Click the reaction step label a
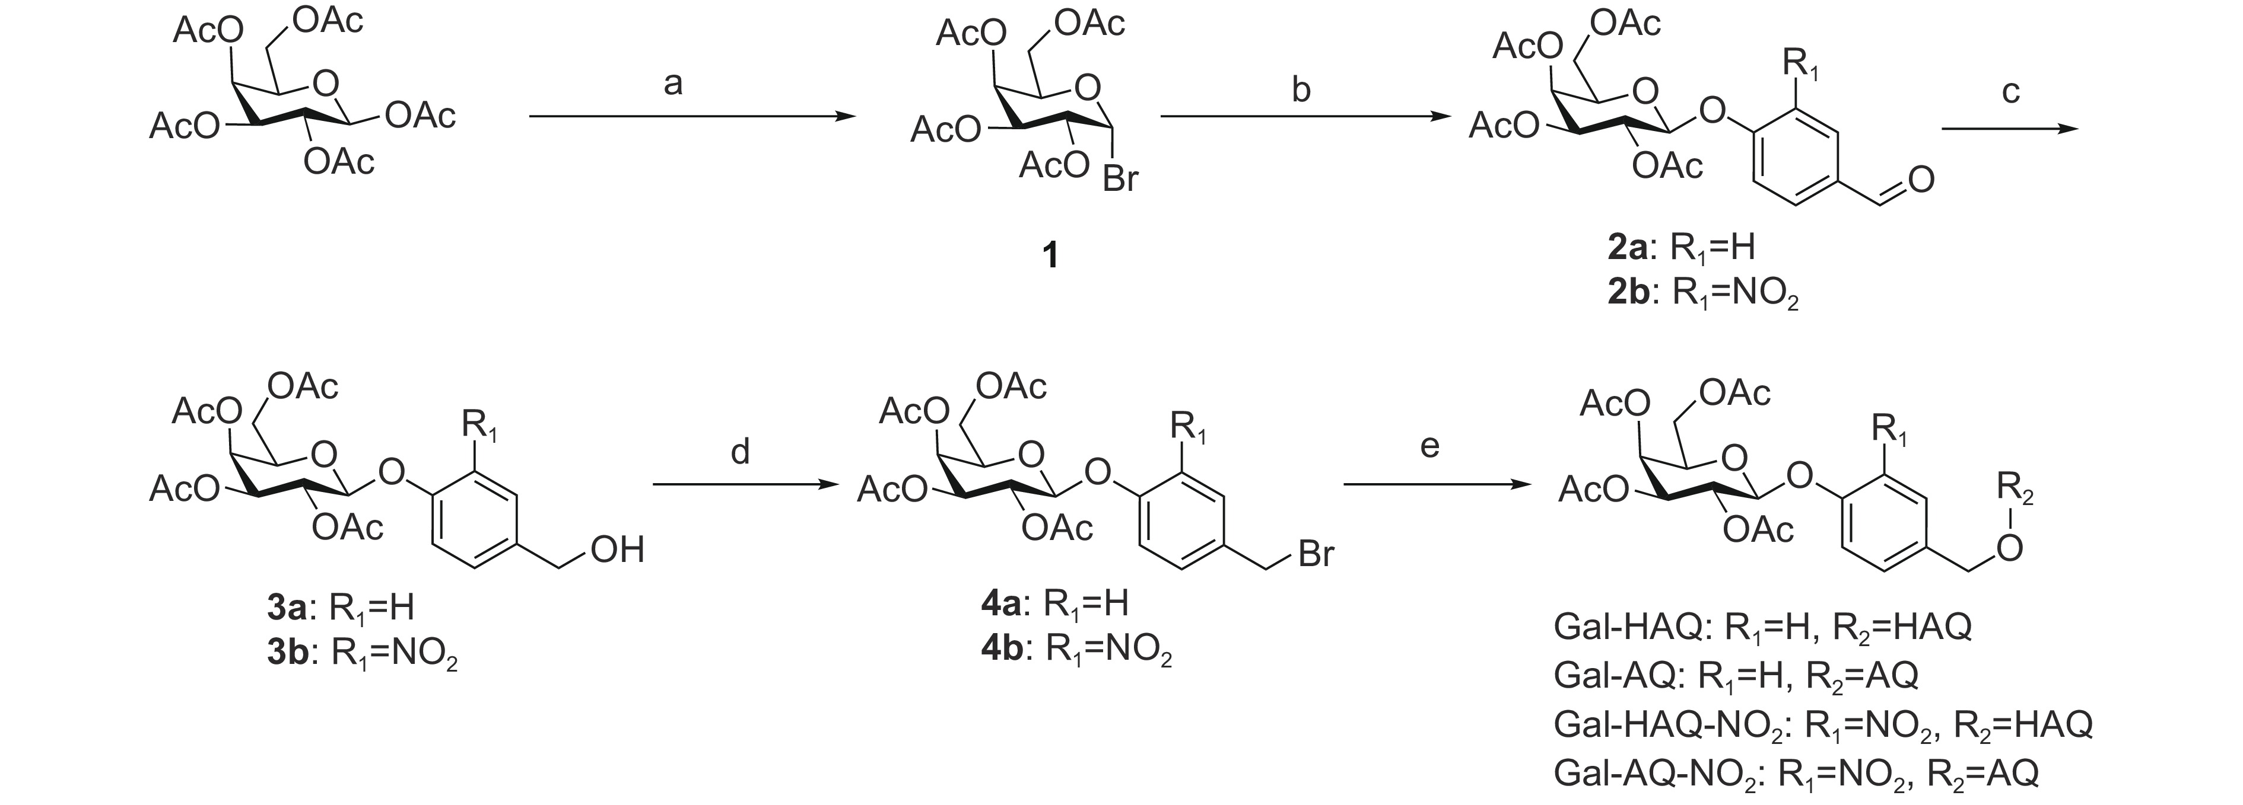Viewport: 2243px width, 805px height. click(672, 84)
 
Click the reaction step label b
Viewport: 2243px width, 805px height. click(1301, 90)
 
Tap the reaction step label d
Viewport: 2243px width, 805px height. click(740, 452)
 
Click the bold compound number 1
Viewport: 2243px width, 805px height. click(1051, 254)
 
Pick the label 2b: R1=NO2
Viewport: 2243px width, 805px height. click(1702, 294)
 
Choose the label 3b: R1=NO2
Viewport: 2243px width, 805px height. click(362, 654)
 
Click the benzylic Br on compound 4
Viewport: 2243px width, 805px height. click(1315, 554)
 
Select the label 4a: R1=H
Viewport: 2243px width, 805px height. click(1054, 603)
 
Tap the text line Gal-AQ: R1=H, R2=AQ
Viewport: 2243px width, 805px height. click(1736, 675)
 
